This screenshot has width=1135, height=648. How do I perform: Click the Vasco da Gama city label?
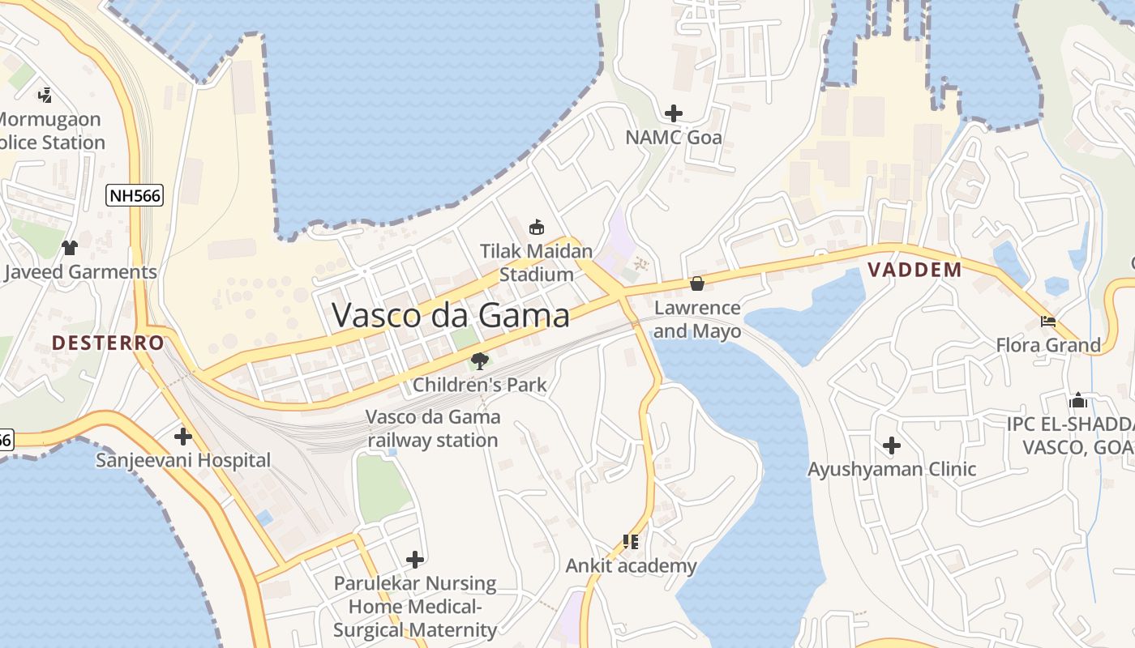[x=451, y=315]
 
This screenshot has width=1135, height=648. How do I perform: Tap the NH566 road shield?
[x=135, y=195]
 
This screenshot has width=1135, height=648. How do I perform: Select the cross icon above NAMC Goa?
[x=673, y=113]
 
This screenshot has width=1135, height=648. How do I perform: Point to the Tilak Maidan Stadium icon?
[x=536, y=228]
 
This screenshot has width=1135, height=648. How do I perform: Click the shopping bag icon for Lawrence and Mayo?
[x=696, y=283]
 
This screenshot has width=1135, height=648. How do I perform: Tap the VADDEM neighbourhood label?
[x=914, y=270]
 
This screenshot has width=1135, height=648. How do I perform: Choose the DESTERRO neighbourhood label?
[x=109, y=343]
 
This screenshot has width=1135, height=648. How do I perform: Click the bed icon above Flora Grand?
[x=1048, y=322]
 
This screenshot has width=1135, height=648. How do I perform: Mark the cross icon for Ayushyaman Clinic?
[x=892, y=445]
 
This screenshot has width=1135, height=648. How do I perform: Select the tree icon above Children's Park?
[x=480, y=360]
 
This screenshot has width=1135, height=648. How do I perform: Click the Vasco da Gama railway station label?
[x=433, y=428]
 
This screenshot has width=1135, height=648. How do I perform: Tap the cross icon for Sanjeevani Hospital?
[x=183, y=437]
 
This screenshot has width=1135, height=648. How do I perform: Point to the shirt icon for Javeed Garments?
[x=70, y=247]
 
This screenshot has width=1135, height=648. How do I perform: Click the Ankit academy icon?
[x=631, y=541]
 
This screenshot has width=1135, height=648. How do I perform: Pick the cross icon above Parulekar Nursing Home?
[x=415, y=560]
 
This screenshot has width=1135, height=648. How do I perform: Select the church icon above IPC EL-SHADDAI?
[x=1078, y=400]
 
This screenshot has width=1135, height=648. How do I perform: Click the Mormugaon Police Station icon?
[x=45, y=95]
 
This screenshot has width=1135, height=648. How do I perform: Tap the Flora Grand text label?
[x=1048, y=345]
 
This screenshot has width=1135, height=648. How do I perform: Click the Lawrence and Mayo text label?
[x=697, y=319]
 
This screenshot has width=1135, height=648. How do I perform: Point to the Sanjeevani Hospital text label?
[x=183, y=460]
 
